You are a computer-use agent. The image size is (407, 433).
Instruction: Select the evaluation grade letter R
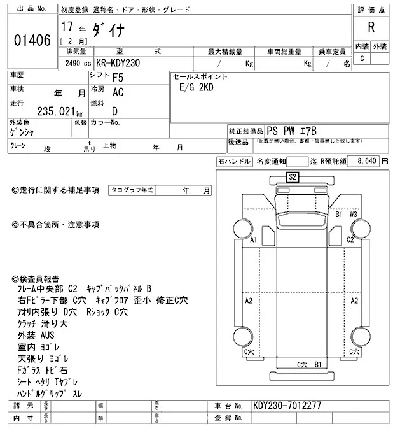pos(371,29)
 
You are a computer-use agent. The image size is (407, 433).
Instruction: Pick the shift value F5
pos(119,78)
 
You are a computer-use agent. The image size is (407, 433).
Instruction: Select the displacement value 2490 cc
pos(78,64)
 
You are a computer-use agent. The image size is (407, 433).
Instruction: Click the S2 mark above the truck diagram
pos(293,177)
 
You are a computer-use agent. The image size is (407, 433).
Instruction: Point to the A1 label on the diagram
pos(254,239)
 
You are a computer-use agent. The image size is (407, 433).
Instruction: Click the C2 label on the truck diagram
pos(350,239)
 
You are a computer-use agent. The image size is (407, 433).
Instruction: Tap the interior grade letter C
pos(362,59)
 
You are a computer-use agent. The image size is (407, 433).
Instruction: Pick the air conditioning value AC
pos(118,92)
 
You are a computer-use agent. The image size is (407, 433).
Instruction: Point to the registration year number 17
pos(67,28)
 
